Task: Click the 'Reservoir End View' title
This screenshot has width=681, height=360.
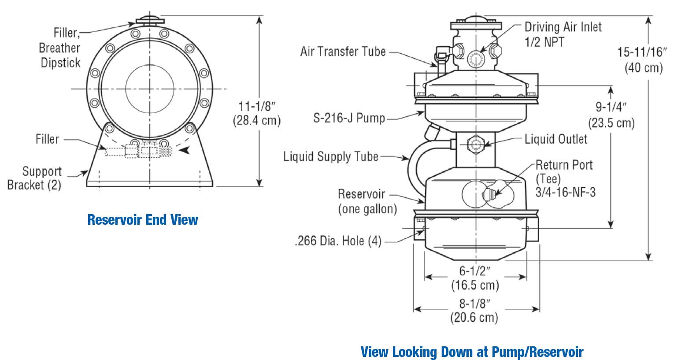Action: tap(143, 219)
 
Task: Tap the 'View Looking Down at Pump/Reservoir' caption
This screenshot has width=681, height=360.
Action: tap(472, 352)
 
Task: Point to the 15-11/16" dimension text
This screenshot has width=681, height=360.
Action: tap(642, 52)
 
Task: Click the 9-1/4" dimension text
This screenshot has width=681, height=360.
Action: tap(611, 107)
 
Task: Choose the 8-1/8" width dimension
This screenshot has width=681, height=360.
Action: tap(475, 303)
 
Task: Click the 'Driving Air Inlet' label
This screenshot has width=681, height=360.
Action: tap(563, 27)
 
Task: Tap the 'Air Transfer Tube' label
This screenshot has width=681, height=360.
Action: tap(343, 52)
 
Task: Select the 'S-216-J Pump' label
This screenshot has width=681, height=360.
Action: tap(349, 118)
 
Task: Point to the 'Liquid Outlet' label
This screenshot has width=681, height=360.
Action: tap(556, 139)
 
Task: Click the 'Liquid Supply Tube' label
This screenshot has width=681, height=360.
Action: tap(331, 156)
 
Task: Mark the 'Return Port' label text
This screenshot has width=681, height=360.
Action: tap(564, 165)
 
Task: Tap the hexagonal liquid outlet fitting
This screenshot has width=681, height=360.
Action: tap(476, 144)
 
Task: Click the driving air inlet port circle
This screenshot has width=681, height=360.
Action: tap(476, 58)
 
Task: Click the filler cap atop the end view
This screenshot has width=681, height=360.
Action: tap(150, 20)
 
